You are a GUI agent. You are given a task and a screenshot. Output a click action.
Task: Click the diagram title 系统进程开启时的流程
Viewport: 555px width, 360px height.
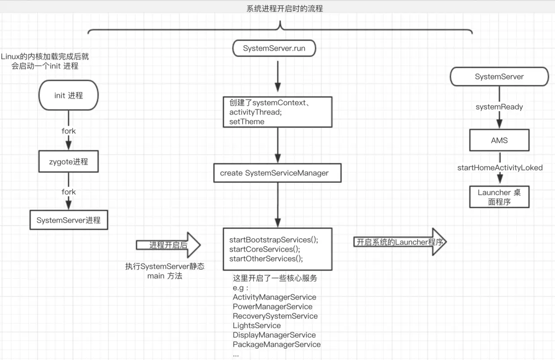pyautogui.click(x=284, y=8)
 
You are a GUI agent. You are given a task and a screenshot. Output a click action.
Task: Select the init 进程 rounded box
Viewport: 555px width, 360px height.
pyautogui.click(x=68, y=95)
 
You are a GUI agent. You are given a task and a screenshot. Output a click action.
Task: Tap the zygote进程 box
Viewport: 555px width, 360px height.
pyautogui.click(x=68, y=162)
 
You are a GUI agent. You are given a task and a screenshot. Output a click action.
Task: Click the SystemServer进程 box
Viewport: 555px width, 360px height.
pyautogui.click(x=68, y=220)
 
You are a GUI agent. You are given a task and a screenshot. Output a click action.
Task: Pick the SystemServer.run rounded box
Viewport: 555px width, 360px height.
pyautogui.click(x=274, y=48)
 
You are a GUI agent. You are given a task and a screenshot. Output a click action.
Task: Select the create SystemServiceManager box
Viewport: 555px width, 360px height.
pyautogui.click(x=277, y=173)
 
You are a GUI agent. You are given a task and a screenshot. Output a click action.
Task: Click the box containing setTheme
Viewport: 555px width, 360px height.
pyautogui.click(x=277, y=112)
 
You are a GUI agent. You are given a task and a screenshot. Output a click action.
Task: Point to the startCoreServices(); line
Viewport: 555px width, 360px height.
pyautogui.click(x=265, y=249)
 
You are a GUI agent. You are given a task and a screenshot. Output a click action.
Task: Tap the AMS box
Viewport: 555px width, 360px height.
pyautogui.click(x=499, y=140)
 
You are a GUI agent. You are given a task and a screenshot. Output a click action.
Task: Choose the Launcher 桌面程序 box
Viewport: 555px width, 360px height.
pyautogui.click(x=499, y=197)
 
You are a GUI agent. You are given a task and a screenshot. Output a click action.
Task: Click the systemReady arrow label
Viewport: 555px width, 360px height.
pyautogui.click(x=499, y=107)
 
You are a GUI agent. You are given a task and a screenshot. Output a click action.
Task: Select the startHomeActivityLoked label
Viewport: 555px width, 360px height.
pyautogui.click(x=499, y=167)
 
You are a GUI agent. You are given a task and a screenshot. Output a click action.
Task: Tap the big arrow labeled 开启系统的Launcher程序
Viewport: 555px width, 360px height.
pyautogui.click(x=400, y=242)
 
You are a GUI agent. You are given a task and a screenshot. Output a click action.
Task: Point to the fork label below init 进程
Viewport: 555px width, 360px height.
pyautogui.click(x=68, y=131)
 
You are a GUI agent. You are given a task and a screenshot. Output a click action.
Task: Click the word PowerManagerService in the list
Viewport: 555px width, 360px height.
pyautogui.click(x=273, y=307)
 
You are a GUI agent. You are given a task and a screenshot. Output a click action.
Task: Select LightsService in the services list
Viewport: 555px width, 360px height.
pyautogui.click(x=256, y=326)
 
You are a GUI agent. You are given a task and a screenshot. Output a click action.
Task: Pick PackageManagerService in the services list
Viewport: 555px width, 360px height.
pyautogui.click(x=277, y=344)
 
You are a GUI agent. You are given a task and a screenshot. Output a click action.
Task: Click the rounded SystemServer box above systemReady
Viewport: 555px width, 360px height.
pyautogui.click(x=499, y=77)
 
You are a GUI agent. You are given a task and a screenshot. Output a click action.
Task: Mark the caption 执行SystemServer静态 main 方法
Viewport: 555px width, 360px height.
pyautogui.click(x=165, y=271)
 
